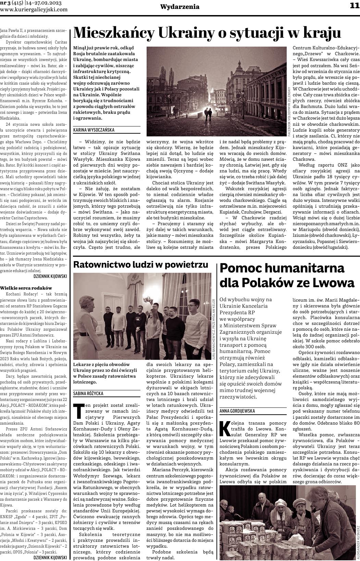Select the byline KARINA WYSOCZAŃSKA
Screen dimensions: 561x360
point(94,130)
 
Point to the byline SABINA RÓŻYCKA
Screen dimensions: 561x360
point(88,393)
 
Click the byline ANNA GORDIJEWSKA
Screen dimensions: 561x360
point(237,410)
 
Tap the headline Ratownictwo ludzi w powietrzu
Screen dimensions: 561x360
point(141,265)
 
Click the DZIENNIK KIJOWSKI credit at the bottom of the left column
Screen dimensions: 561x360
point(50,558)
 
